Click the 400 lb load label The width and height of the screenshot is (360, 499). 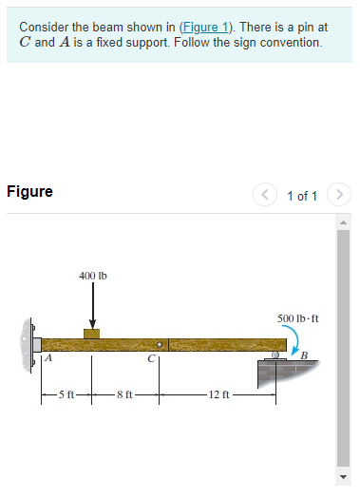pyautogui.click(x=93, y=276)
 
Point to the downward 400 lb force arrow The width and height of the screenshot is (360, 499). pyautogui.click(x=92, y=306)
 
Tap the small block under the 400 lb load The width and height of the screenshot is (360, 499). pyautogui.click(x=92, y=333)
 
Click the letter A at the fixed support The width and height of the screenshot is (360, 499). pyautogui.click(x=45, y=358)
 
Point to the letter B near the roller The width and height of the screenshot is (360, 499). pyautogui.click(x=304, y=355)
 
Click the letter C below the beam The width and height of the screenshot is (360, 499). pyautogui.click(x=150, y=359)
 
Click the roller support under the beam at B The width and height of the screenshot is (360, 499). pyautogui.click(x=275, y=355)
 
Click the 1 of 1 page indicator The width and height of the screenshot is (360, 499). pyautogui.click(x=301, y=195)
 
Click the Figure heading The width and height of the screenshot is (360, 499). pyautogui.click(x=29, y=192)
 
